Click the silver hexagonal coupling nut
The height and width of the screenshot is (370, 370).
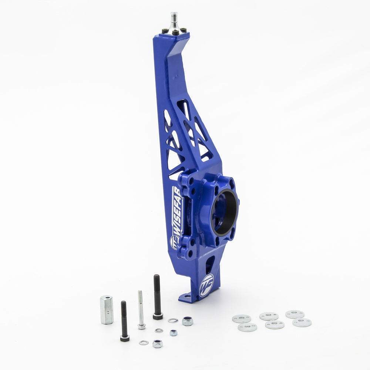tap(106, 310)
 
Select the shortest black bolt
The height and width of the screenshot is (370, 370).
tap(124, 320)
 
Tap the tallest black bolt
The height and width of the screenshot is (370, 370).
tap(157, 296)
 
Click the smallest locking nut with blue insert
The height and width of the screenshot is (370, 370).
tap(173, 333)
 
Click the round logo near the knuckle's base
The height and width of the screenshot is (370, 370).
tap(206, 285)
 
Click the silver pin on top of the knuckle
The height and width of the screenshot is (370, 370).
tap(174, 22)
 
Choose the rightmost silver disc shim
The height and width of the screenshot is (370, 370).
tap(302, 322)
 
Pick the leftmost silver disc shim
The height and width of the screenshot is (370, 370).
tap(241, 319)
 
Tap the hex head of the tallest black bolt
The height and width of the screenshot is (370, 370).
tap(158, 316)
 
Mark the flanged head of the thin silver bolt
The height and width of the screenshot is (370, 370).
tap(141, 326)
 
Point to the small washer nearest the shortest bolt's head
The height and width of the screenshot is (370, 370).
tap(143, 343)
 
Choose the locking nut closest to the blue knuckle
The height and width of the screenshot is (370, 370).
tap(187, 321)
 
